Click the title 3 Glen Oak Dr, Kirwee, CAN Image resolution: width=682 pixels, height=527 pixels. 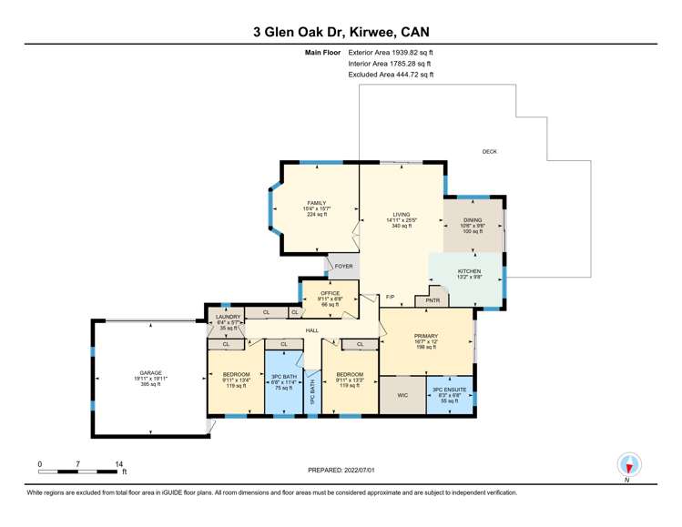341,31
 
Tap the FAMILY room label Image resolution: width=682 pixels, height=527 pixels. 316,203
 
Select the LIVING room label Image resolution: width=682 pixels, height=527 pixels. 401,214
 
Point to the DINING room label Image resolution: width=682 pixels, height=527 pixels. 472,219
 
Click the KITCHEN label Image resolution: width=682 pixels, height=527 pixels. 469,271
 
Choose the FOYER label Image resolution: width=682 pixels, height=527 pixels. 343,267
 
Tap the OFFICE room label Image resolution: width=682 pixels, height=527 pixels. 330,293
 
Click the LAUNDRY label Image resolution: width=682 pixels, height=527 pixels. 227,316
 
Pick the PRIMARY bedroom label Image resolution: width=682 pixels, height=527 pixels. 425,336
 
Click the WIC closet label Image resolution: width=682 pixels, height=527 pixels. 402,396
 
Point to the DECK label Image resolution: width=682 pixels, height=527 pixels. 489,151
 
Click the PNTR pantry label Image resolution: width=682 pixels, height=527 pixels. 433,299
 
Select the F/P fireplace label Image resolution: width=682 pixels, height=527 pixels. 390,298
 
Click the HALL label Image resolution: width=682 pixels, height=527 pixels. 311,330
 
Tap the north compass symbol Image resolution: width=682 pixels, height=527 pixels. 627,465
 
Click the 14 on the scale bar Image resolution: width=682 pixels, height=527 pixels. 119,463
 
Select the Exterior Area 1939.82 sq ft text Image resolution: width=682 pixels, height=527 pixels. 391,54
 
